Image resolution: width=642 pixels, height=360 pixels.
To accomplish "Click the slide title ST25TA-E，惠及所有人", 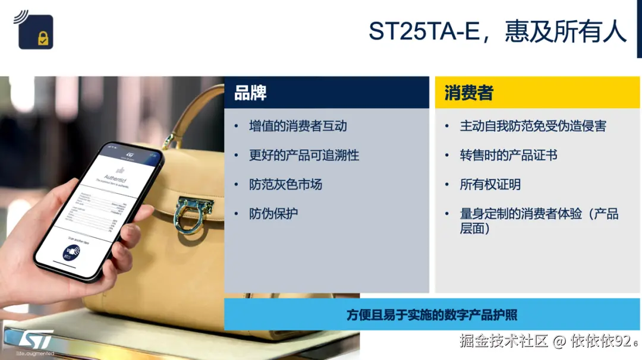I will click(x=497, y=31).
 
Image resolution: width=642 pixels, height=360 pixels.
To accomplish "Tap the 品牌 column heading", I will click(x=250, y=93).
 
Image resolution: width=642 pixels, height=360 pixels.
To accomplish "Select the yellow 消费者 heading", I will click(x=468, y=93).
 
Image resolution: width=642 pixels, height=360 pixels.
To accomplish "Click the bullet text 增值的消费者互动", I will click(x=298, y=126).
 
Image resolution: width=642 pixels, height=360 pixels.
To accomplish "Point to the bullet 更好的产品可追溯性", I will click(x=304, y=156).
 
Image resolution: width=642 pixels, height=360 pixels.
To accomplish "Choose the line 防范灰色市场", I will click(x=285, y=185).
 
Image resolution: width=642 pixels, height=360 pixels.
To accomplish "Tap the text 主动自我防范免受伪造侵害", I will click(x=533, y=126).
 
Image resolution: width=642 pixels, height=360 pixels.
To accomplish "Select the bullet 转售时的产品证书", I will click(x=508, y=156).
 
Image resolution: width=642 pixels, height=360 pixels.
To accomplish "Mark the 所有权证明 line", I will click(x=490, y=185).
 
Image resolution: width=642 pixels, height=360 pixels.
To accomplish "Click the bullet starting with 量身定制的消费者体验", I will click(x=539, y=220).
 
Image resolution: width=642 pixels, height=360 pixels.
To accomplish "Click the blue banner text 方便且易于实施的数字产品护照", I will click(x=432, y=315).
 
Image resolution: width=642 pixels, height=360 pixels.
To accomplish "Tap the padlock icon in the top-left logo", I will click(x=43, y=39).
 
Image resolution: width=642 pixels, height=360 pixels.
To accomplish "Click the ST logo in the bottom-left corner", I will click(x=35, y=339).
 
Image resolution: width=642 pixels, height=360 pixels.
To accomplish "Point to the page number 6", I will click(x=635, y=343).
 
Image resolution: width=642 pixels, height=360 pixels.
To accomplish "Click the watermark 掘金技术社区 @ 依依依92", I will click(x=544, y=341).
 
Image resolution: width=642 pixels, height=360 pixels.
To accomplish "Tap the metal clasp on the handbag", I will click(x=190, y=211).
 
